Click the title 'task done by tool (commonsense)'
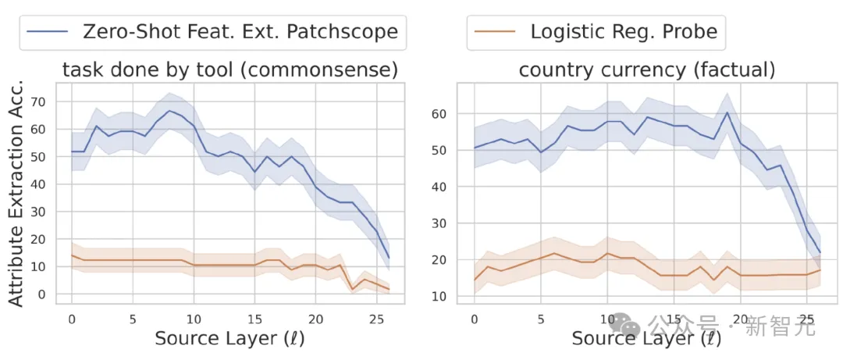230,70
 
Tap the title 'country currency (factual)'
646,70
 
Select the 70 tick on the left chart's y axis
37,102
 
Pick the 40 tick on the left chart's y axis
37,184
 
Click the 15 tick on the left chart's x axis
254,319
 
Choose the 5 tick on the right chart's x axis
540,319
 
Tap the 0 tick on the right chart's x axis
474,319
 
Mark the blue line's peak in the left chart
169,111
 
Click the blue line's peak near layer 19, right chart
727,112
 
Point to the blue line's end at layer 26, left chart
389,258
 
